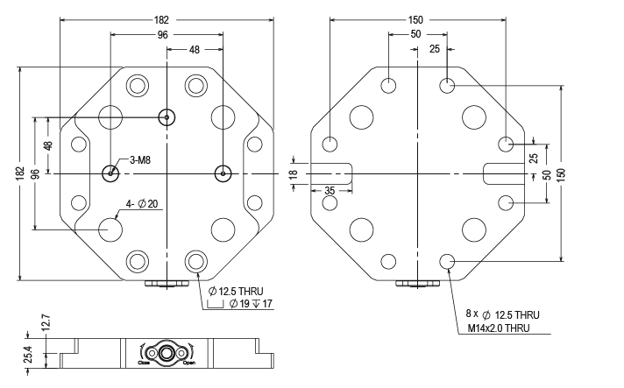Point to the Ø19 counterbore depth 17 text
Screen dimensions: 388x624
coord(250,304)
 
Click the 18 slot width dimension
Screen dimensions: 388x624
coord(294,174)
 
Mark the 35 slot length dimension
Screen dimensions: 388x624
coord(330,189)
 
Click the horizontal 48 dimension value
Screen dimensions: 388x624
coord(194,51)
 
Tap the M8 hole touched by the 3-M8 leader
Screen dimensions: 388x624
coord(110,173)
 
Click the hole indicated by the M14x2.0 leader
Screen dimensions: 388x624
coord(448,260)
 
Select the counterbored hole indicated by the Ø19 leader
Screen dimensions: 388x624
coord(195,261)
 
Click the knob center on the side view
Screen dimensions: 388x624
coord(166,352)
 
